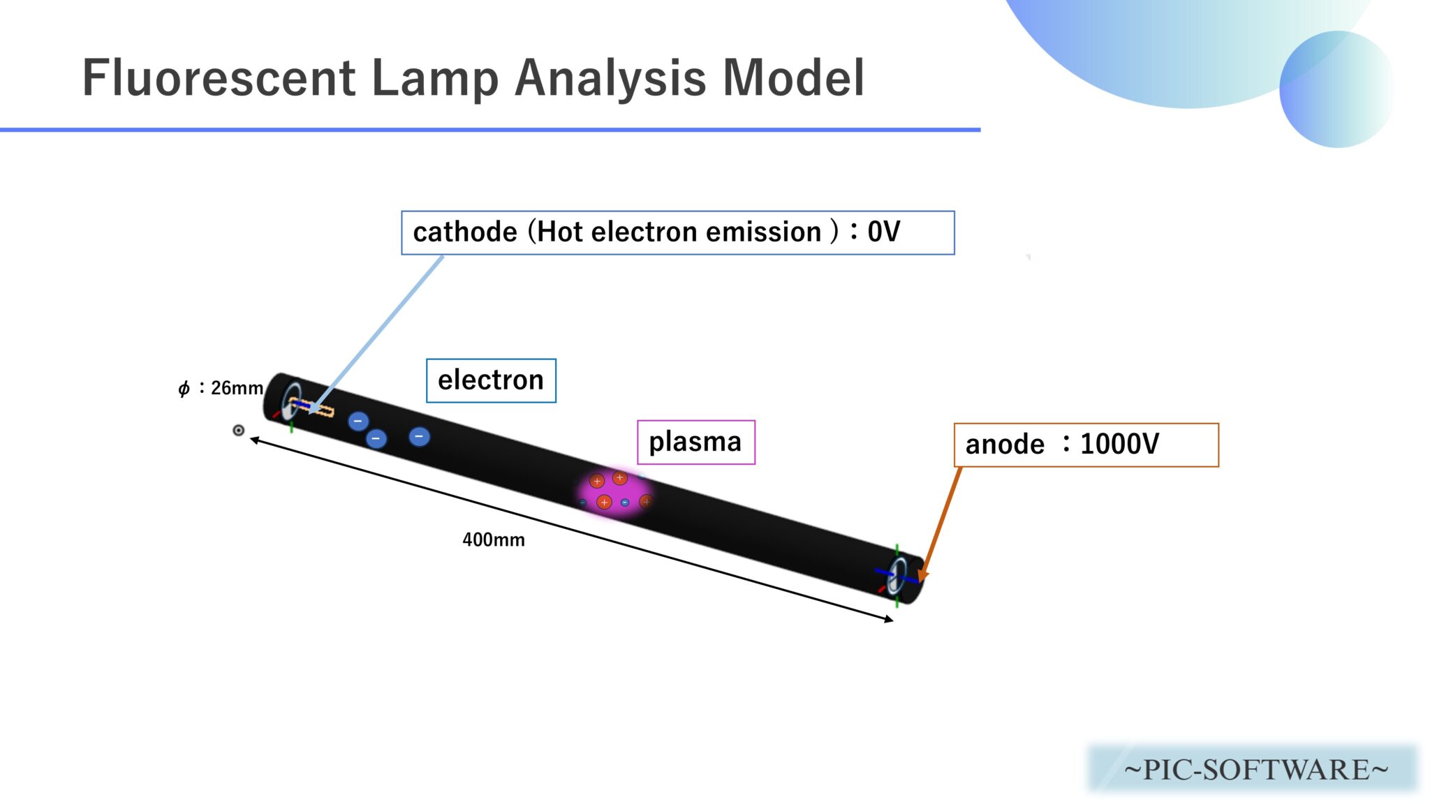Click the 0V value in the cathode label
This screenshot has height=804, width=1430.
[x=883, y=232]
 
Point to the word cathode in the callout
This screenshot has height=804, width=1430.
[x=465, y=232]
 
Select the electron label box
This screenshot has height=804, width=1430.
[x=491, y=380]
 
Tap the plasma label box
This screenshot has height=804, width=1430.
[x=695, y=442]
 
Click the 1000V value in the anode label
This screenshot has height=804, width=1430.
[x=1119, y=444]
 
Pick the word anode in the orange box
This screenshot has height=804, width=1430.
[x=1005, y=444]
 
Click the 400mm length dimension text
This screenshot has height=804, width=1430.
[x=494, y=539]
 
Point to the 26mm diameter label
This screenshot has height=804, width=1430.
[x=237, y=388]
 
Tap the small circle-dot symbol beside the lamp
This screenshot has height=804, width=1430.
[x=238, y=430]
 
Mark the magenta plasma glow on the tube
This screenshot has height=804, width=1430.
[x=614, y=492]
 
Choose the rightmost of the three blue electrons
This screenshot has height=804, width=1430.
[x=419, y=437]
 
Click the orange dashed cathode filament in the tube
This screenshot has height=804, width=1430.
[x=313, y=407]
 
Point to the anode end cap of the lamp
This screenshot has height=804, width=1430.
[x=901, y=576]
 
